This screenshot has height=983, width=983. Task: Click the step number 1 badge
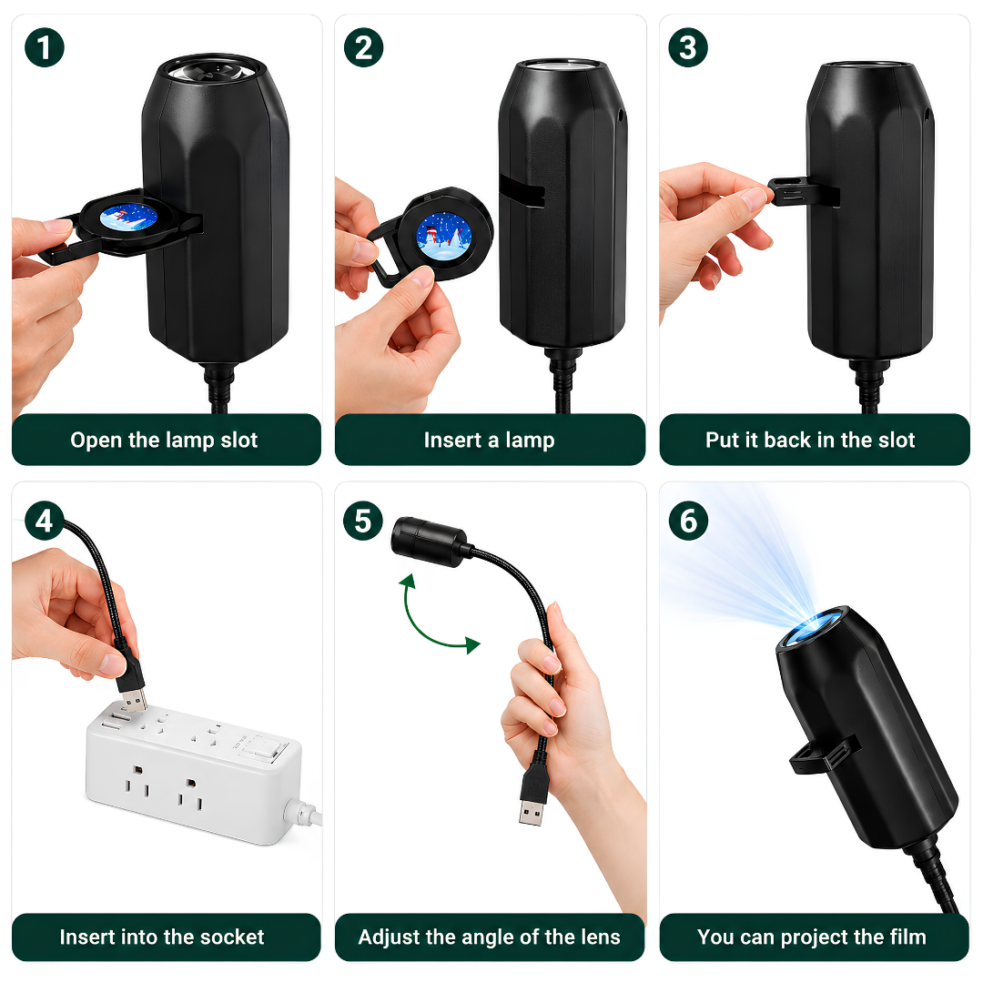point(45,47)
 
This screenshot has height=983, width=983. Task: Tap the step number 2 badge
point(363,47)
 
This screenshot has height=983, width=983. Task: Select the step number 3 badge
point(688,47)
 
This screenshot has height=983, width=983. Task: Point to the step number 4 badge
point(45,521)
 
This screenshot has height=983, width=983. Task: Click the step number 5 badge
point(363,521)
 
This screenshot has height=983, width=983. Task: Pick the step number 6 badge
point(688,521)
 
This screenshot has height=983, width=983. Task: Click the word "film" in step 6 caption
point(907,937)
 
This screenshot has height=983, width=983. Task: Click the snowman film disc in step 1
point(129,218)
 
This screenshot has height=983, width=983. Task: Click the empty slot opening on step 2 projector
point(522,190)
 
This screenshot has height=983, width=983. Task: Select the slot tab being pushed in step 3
point(803,192)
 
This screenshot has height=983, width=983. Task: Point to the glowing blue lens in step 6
point(809,628)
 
